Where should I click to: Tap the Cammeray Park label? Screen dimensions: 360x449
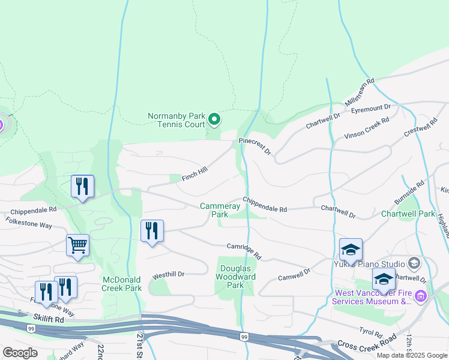220,210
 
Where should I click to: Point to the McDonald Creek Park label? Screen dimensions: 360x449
122,284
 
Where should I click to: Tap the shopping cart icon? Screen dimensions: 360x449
77,245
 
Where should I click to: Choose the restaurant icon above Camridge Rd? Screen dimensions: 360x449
152,231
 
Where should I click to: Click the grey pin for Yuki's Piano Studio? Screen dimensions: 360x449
414,263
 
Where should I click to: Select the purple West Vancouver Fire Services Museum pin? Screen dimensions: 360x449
421,295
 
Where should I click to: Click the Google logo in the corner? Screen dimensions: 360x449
20,353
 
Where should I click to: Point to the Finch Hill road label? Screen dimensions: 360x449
194,172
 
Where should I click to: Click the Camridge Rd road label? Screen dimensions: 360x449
244,250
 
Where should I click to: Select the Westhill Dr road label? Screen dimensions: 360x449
167,274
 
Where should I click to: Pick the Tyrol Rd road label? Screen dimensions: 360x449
370,331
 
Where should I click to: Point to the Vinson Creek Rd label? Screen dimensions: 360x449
367,128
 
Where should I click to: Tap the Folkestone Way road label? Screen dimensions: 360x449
29,223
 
